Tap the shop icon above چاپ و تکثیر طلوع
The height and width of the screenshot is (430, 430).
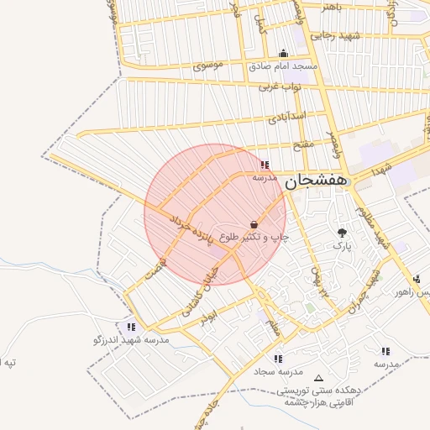coord(254,224)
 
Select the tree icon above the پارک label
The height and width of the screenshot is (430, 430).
coord(341,233)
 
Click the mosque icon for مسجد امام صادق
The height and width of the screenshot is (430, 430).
coord(282,52)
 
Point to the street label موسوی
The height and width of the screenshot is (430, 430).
coord(207,66)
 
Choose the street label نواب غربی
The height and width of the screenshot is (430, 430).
coord(280,86)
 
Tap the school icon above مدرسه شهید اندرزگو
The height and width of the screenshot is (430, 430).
coord(131,326)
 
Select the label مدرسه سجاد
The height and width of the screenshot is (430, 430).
coord(279,370)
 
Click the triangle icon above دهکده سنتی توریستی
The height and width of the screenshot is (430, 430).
coord(317,378)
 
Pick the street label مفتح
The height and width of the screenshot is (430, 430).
coord(303,144)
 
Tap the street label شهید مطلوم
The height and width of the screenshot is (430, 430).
coord(371,227)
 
